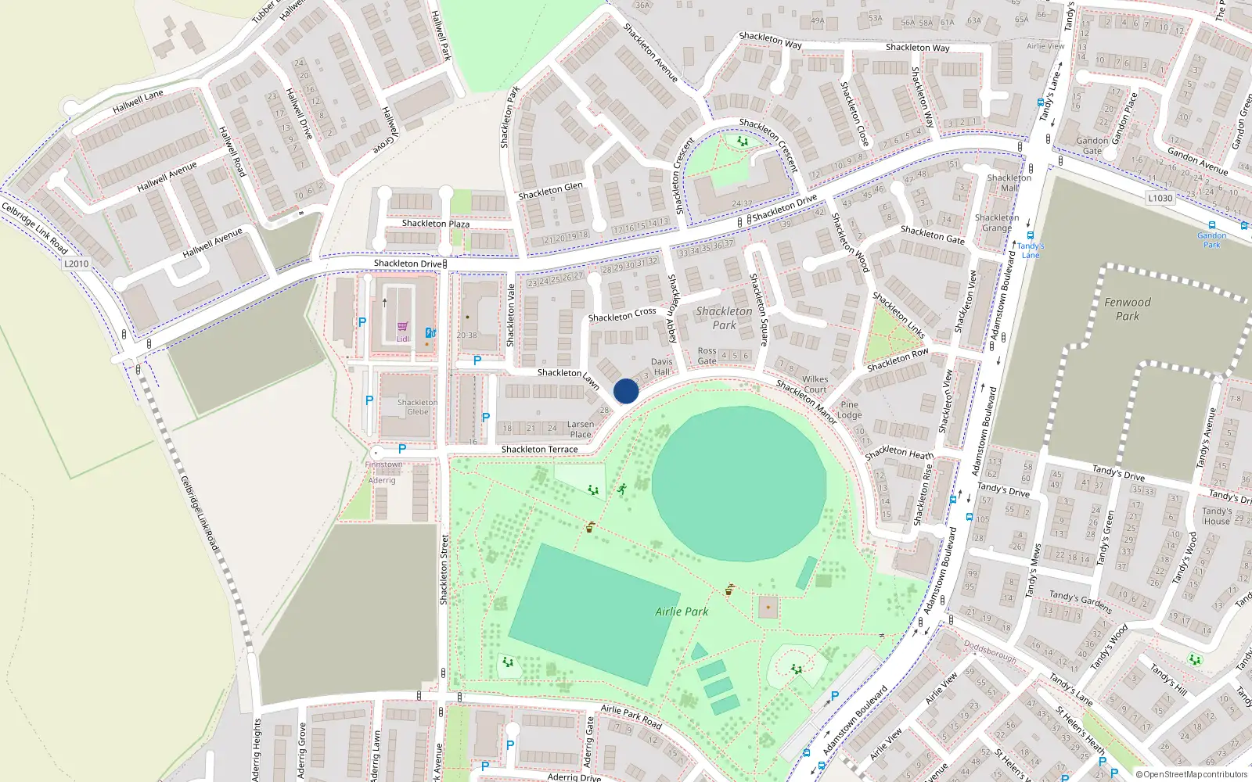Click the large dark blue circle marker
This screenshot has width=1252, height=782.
626,391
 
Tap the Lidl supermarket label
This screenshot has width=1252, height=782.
402,339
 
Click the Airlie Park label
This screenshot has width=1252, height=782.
682,612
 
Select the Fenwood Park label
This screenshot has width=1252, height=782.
1128,309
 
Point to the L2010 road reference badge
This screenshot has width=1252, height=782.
76,264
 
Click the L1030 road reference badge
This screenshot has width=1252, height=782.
1160,198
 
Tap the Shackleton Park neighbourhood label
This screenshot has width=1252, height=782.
724,317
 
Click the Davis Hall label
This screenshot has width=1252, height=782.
662,366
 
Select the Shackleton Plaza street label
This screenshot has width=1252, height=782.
436,224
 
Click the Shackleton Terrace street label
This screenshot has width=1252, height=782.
539,450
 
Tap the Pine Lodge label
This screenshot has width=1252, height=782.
849,410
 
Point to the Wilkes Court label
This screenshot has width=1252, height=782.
815,384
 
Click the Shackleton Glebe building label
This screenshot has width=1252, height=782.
417,407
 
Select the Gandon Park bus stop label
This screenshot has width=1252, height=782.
1211,239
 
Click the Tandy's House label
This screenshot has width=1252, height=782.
1217,516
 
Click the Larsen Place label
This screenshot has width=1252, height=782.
581,429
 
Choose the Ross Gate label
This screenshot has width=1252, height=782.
707,356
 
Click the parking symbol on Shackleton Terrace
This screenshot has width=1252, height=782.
402,449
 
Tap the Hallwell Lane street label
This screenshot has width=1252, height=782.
139,101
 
